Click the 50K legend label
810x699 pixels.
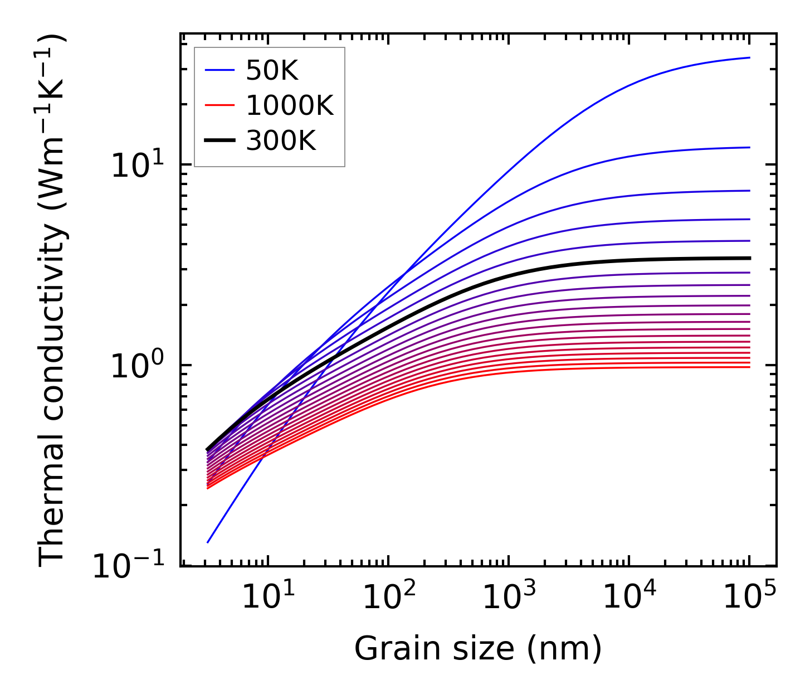tap(272, 71)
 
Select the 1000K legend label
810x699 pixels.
tap(289, 106)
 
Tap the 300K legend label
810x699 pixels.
tap(281, 141)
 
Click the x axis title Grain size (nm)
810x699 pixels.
tap(478, 649)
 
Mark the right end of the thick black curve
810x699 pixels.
tap(750, 258)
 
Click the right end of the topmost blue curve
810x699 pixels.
tap(750, 57)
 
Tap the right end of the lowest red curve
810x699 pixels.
tap(750, 367)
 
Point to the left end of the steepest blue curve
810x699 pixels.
tap(207, 542)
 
